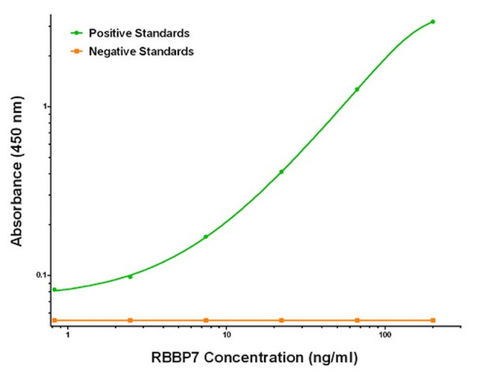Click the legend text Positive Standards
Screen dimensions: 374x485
139,34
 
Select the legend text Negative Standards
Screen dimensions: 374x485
141,52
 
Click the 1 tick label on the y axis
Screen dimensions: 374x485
45,106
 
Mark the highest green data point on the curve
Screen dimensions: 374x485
433,22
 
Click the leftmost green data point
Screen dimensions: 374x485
54,290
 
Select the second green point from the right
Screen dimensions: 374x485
357,89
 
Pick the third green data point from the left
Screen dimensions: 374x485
206,237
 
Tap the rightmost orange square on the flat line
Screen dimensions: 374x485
433,320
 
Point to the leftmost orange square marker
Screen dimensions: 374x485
54,320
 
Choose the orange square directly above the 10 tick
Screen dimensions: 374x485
206,320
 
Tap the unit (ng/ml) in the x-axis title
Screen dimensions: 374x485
328,357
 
